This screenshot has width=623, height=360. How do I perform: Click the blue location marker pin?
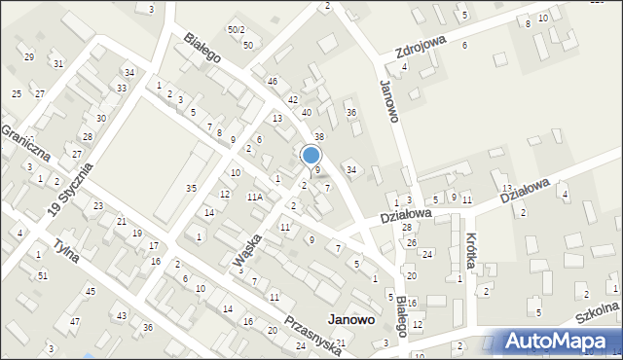pos(311,156)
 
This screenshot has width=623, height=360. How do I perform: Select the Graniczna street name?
pos(23,142)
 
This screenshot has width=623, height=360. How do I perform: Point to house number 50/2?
pos(237,30)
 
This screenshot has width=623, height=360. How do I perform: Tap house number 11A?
pos(255,197)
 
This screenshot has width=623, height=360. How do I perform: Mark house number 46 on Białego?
pos(273,81)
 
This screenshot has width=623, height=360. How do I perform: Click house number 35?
pos(192,188)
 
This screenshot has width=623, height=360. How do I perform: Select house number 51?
pos(42,276)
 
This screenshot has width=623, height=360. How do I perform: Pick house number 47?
pos(75,321)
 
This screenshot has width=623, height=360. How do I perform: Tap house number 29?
pos(29,57)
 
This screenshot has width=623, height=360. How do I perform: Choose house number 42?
pos(292,100)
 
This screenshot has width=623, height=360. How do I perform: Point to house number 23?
pos(98,206)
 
